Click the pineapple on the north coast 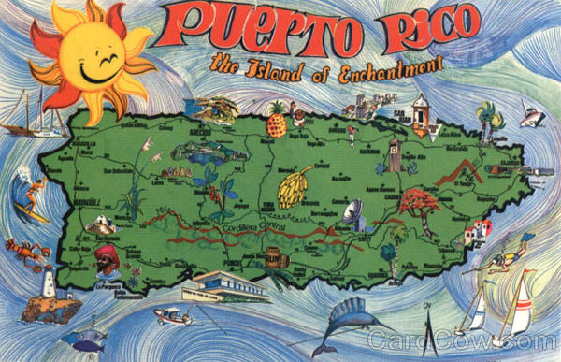click(x=278, y=121)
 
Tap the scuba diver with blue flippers click(x=506, y=262)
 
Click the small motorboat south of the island click(x=172, y=316)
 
